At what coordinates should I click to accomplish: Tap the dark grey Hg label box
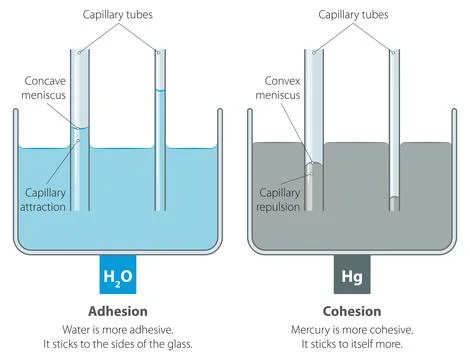point(352,273)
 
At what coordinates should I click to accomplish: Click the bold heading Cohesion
point(351,310)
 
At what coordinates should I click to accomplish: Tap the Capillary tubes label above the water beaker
point(116,13)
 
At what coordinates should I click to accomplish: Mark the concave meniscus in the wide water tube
point(81,128)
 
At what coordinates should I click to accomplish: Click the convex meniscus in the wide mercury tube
point(316,162)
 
